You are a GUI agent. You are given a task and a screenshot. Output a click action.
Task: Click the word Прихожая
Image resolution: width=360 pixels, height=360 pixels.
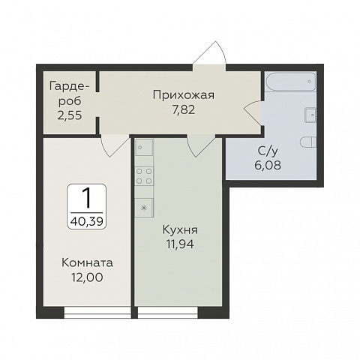point(184,95)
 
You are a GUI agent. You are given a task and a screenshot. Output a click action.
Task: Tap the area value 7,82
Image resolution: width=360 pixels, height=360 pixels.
point(184,109)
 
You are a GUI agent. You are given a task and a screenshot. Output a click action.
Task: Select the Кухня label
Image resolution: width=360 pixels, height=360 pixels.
point(180,230)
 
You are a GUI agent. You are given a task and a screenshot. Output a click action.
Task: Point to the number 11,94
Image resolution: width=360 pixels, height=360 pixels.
point(180,244)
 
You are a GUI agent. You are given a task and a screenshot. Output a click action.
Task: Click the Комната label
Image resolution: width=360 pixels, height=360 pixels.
point(87,263)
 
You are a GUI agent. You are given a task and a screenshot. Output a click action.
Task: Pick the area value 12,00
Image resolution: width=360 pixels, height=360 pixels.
point(87,277)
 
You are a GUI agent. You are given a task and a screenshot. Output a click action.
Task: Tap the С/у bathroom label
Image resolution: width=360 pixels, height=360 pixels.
point(268,151)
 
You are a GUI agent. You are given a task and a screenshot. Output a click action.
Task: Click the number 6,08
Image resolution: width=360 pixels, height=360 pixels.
point(268,165)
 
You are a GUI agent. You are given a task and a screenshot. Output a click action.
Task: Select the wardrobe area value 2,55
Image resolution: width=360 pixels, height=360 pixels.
point(70,115)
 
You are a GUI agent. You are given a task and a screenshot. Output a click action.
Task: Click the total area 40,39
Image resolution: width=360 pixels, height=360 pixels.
point(87,221)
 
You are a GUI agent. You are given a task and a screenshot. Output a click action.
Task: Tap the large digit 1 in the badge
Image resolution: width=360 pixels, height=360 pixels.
point(87,199)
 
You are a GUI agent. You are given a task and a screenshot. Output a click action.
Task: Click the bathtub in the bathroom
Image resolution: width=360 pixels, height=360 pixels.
point(290,82)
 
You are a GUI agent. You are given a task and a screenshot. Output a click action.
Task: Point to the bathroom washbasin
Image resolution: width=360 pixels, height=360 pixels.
point(310,115)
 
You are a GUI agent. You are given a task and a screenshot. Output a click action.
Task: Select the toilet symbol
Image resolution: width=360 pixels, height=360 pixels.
point(308,142)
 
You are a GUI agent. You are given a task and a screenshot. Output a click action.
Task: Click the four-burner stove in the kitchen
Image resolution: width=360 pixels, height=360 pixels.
point(144,176)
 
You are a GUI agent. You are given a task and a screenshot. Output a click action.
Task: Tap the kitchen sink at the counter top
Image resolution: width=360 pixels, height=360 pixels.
point(144,148)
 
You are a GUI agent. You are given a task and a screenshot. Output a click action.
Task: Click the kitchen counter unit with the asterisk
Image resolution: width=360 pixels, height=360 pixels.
point(144,208)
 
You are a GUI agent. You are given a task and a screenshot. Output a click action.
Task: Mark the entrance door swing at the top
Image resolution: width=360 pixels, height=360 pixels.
point(209,52)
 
